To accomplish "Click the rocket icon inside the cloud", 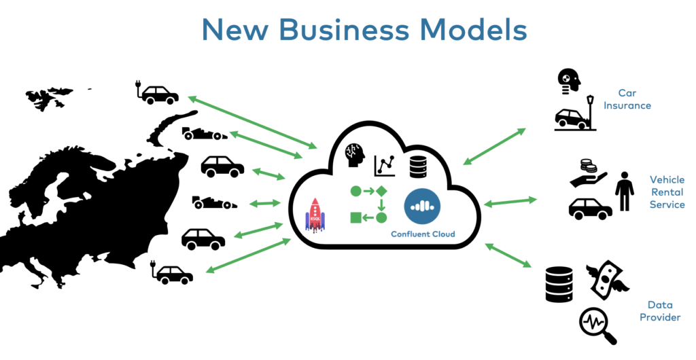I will click(x=315, y=215).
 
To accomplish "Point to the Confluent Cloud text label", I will click(x=423, y=234).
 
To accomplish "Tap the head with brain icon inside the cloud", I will click(x=355, y=156).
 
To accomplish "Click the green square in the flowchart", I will click(x=355, y=217).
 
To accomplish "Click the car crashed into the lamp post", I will click(x=575, y=115).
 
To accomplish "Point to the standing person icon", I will click(x=624, y=192).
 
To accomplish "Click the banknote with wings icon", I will click(x=607, y=279).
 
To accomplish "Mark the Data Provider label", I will click(x=660, y=312).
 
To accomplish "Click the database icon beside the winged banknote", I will click(x=559, y=284).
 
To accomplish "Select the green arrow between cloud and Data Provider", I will click(x=508, y=255).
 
